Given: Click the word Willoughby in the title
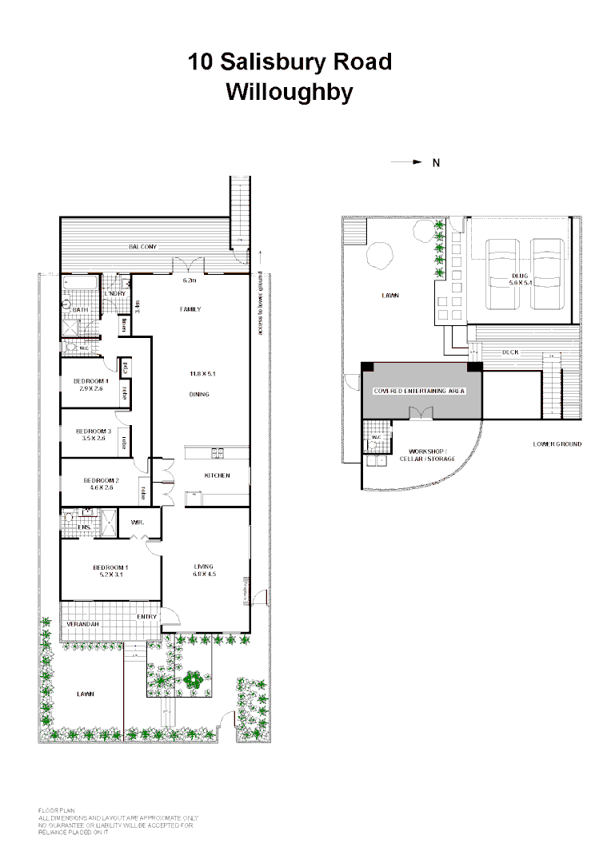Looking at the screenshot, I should click(290, 92).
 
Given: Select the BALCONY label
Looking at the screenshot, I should click(143, 247).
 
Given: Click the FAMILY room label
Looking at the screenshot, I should click(190, 309).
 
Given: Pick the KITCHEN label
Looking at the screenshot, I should click(217, 475).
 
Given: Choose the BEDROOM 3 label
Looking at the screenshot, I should click(93, 431).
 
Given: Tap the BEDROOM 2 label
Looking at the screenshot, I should click(100, 480).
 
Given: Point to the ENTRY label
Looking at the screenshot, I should click(146, 617).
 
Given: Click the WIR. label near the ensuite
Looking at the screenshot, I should click(137, 523).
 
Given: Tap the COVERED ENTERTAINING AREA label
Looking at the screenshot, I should click(419, 392).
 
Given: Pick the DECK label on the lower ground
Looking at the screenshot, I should click(511, 352).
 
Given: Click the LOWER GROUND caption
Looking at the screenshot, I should click(557, 444).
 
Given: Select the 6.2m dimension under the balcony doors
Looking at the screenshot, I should click(189, 281).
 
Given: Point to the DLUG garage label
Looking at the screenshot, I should click(521, 276).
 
